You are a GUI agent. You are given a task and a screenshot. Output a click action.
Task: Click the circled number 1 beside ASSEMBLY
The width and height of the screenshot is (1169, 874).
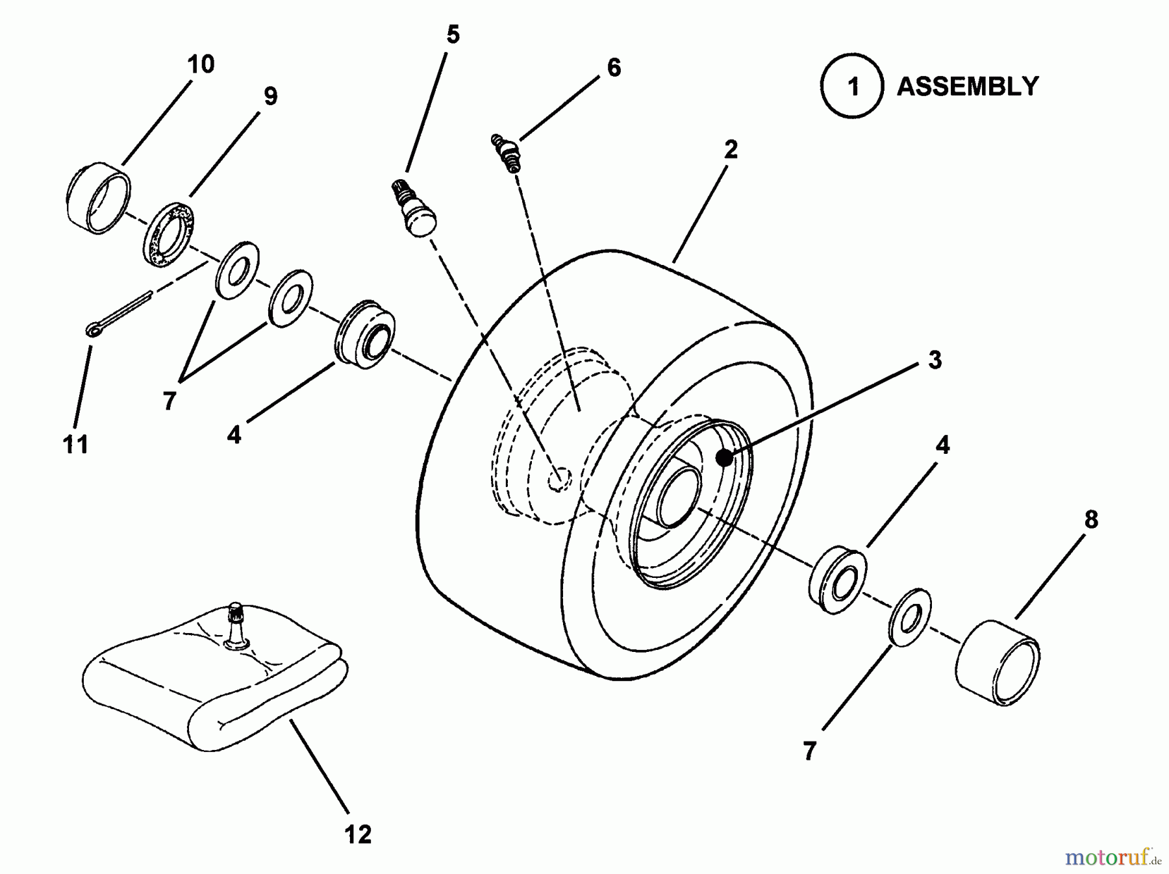[x=852, y=86]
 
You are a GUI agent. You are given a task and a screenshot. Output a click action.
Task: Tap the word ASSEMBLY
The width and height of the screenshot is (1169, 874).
[x=968, y=86]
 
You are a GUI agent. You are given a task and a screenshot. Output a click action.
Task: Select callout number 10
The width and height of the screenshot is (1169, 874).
[x=201, y=64]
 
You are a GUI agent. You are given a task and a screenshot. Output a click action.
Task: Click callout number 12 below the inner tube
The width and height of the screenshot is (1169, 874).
[x=358, y=834]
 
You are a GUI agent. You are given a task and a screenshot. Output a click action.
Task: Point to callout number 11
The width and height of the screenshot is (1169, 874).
[x=75, y=445]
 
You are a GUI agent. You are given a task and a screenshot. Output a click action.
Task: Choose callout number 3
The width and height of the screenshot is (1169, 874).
[x=935, y=360]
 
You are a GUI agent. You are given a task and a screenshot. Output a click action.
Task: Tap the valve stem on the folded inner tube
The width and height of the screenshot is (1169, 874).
[x=236, y=625]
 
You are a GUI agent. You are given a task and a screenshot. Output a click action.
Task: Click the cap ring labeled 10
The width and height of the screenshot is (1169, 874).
[x=99, y=197]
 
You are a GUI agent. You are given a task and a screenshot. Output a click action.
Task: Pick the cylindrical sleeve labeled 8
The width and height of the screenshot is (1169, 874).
[x=998, y=663]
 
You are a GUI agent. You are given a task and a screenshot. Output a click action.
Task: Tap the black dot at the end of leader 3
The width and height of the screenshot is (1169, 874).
[x=724, y=458]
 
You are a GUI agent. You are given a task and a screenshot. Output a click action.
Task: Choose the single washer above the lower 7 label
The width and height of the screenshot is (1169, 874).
[x=909, y=617]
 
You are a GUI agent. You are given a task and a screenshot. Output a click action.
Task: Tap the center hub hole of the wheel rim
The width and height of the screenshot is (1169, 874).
[x=679, y=497]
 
